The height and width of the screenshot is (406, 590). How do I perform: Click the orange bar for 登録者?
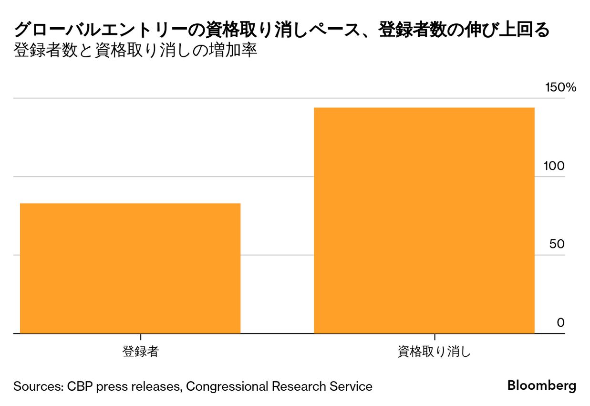(x=130, y=268)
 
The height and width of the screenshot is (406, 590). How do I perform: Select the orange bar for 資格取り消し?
(x=424, y=220)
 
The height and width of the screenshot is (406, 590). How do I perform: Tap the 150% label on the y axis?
(x=561, y=87)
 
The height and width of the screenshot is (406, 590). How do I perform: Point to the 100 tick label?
(x=554, y=166)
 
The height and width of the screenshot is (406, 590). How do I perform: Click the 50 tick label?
(x=557, y=244)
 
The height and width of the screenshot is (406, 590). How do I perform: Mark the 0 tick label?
(x=560, y=323)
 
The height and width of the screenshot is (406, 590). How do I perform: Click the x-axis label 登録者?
(x=140, y=352)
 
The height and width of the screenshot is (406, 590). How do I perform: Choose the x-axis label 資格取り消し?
(x=434, y=352)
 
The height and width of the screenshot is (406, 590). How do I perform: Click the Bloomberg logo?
(x=541, y=385)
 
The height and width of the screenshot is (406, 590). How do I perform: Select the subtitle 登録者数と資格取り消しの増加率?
(x=135, y=51)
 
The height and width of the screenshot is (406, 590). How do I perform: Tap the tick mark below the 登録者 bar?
(x=140, y=337)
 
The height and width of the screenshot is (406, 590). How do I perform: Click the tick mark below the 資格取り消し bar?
(x=434, y=337)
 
